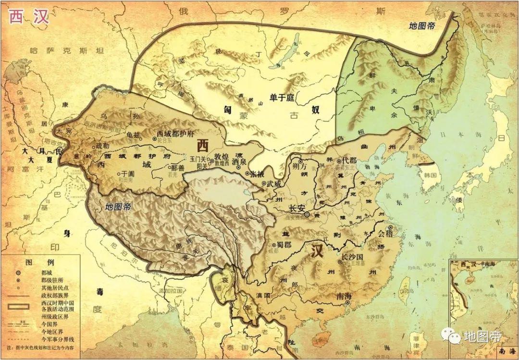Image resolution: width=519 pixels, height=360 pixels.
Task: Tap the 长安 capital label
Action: click(x=297, y=209)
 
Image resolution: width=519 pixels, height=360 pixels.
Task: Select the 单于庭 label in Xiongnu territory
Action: click(x=281, y=98)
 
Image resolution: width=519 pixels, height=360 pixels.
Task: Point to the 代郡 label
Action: click(x=349, y=161)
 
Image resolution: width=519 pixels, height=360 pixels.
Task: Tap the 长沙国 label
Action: click(x=353, y=257)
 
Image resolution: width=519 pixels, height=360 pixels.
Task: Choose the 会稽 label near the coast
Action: click(x=385, y=234)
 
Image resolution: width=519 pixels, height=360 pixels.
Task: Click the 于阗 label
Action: click(x=127, y=174)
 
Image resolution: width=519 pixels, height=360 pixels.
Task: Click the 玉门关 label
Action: click(x=198, y=158)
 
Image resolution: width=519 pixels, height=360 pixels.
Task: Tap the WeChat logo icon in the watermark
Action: click(x=452, y=335)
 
